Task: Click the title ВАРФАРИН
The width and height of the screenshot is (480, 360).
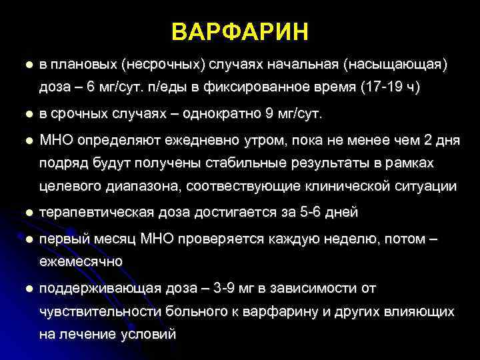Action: click(240, 31)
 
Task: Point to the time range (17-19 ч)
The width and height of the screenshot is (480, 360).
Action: click(390, 87)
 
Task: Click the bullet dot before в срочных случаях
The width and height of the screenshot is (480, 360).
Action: click(27, 115)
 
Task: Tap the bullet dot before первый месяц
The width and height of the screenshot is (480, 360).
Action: click(27, 239)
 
